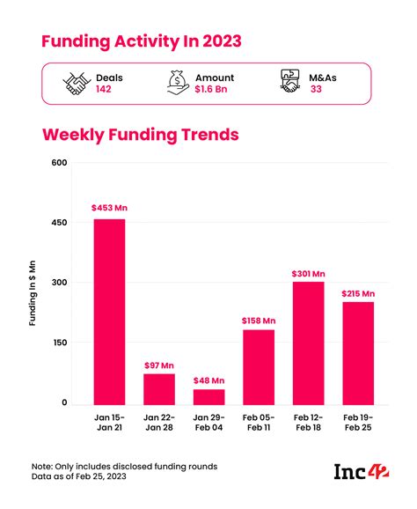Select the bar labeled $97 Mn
coord(159,388)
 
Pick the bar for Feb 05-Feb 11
coord(259,366)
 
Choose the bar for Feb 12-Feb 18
coord(308,343)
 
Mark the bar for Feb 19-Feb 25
coord(358,352)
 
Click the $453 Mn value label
coord(108,208)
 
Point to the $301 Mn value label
coord(308,273)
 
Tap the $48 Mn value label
coord(208,380)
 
